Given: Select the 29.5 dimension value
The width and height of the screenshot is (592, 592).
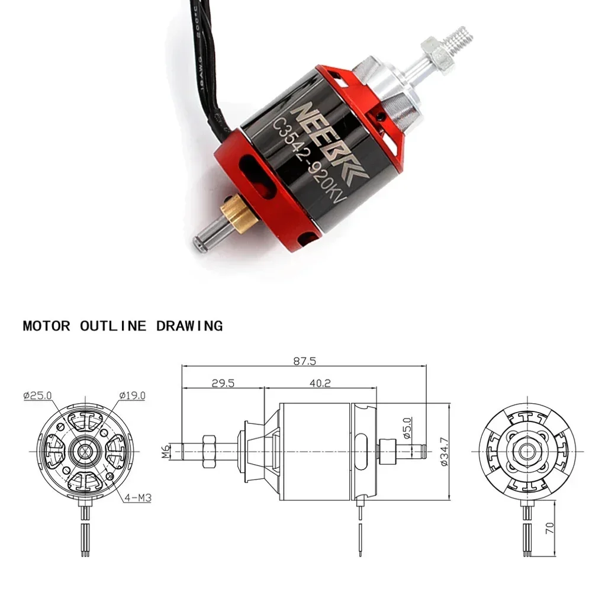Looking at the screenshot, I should coord(223,383).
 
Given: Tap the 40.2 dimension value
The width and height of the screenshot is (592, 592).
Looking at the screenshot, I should coord(320,383).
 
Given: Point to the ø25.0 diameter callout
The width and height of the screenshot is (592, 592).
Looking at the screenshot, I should coord(38,395).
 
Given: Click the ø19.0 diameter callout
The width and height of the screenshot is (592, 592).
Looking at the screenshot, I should coord(131,395).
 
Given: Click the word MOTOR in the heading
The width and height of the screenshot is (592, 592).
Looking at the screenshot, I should coord(46,326).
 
